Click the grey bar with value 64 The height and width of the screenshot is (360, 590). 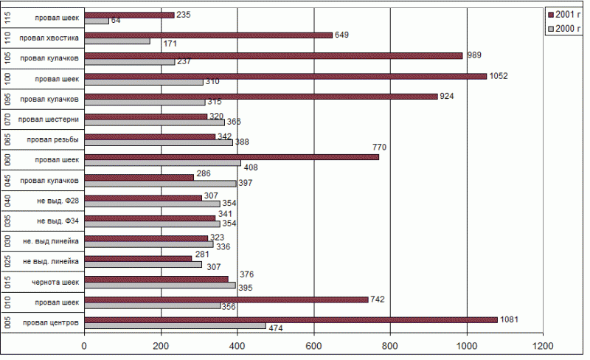[x=97, y=21]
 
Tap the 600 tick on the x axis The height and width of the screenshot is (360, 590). [x=313, y=345]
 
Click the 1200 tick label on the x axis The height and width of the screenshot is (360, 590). [x=543, y=345]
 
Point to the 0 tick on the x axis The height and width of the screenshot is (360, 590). [x=84, y=345]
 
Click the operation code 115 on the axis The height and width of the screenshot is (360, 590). [x=6, y=17]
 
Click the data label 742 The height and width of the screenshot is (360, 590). [x=378, y=299]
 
